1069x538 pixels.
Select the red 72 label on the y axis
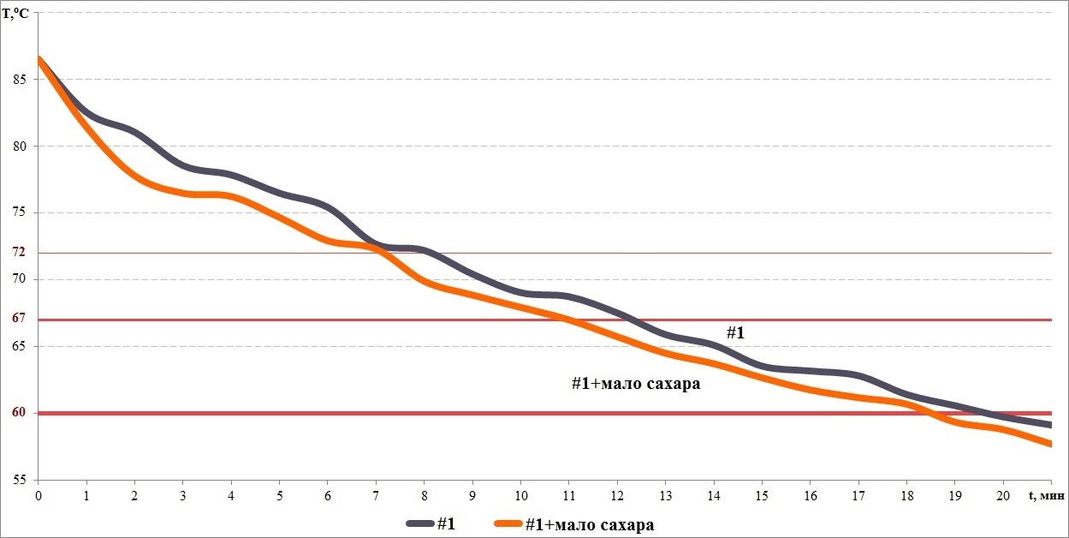(x=19, y=252)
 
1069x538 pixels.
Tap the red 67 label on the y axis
(x=19, y=318)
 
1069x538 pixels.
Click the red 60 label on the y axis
(x=19, y=412)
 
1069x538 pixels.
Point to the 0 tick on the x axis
(x=38, y=496)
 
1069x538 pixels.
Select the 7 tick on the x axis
(x=376, y=496)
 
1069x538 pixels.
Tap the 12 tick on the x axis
(x=618, y=496)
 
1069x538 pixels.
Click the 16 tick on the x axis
(x=811, y=496)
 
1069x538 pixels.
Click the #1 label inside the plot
(x=735, y=332)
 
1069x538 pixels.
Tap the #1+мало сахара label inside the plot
(x=636, y=384)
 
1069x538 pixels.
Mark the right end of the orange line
(x=1049, y=444)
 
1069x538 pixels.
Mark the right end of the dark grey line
(x=1049, y=425)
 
